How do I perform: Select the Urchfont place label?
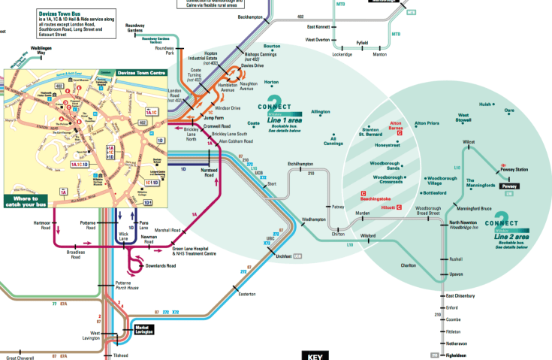tap(283, 256)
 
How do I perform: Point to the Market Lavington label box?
tap(143, 328)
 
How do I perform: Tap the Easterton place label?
tap(247, 293)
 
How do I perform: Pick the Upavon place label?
tap(457, 275)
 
